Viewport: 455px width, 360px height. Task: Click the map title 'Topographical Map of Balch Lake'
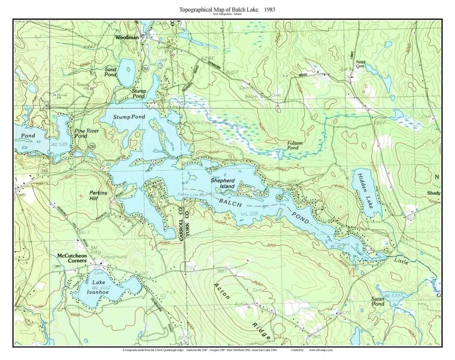pyautogui.click(x=218, y=9)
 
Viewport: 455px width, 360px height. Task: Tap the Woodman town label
pyautogui.click(x=127, y=37)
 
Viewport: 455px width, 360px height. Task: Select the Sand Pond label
pyautogui.click(x=110, y=72)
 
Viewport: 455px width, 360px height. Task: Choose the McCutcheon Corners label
pyautogui.click(x=72, y=258)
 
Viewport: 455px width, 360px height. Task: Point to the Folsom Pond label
pyautogui.click(x=295, y=145)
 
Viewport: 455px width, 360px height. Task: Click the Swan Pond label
pyautogui.click(x=378, y=301)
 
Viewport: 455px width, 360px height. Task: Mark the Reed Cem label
pyautogui.click(x=360, y=64)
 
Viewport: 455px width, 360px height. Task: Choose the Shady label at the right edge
pyautogui.click(x=434, y=193)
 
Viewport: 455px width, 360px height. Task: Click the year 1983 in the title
pyautogui.click(x=269, y=9)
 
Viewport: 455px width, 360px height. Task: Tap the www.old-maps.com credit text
pyautogui.click(x=320, y=350)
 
